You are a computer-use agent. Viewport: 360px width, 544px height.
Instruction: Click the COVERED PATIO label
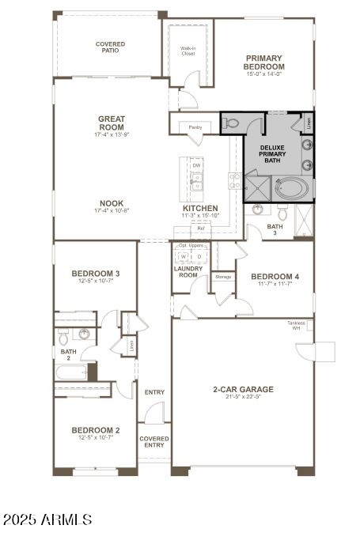click(110, 47)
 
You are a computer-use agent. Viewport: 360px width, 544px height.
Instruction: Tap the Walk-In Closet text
click(188, 51)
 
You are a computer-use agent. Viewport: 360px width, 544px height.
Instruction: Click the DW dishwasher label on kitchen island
click(196, 165)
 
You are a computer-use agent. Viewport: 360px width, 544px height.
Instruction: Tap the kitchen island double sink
click(196, 181)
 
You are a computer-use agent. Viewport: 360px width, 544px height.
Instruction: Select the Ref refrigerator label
click(201, 229)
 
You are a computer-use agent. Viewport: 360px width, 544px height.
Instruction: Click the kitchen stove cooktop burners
click(234, 181)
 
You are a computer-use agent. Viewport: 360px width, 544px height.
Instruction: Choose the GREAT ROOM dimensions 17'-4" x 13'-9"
click(112, 135)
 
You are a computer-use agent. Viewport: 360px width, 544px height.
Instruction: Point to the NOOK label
click(112, 202)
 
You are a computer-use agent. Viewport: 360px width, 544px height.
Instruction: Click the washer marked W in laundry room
click(184, 256)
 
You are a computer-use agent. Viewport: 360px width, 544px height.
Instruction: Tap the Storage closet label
click(224, 277)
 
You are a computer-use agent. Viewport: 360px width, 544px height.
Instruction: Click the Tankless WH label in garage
click(297, 327)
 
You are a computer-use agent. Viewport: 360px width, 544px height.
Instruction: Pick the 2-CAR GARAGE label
click(243, 389)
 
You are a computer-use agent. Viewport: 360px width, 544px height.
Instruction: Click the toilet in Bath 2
click(63, 338)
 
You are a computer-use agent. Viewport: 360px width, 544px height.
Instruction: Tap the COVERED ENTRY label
click(153, 441)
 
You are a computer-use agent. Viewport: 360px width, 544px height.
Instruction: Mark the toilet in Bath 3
click(282, 212)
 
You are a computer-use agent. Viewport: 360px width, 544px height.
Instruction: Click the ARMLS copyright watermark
click(47, 519)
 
